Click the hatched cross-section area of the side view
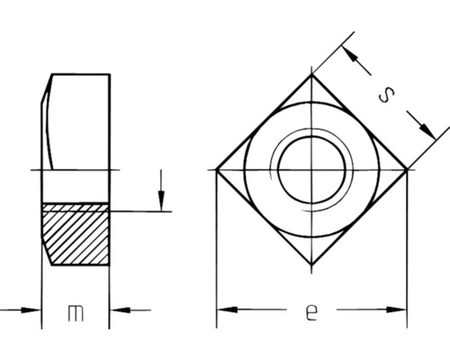(x=77, y=232)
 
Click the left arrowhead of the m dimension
(x=34, y=311)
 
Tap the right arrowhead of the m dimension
(x=119, y=311)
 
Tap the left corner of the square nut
(x=216, y=169)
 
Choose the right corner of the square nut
(x=407, y=169)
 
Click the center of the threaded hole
(x=311, y=169)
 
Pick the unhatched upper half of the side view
(x=81, y=135)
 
